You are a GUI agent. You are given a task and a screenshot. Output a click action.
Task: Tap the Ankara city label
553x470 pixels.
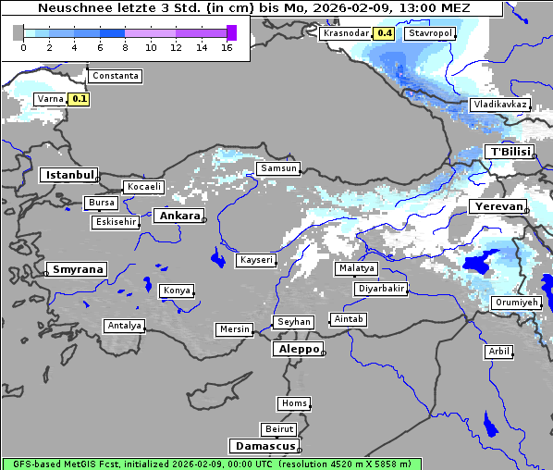click(x=178, y=216)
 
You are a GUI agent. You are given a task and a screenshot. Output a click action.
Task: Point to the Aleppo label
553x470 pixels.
click(x=296, y=350)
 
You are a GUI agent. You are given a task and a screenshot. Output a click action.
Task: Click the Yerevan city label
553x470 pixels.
click(x=497, y=206)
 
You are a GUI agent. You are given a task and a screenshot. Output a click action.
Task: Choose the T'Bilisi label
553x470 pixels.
click(x=510, y=152)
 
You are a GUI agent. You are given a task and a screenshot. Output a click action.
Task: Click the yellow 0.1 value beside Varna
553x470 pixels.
click(x=80, y=98)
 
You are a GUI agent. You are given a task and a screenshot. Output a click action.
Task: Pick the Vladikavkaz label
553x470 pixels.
click(x=499, y=105)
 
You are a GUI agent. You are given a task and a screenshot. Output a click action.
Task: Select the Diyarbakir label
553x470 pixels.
click(x=380, y=289)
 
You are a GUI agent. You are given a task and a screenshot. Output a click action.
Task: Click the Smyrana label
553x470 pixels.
click(x=77, y=269)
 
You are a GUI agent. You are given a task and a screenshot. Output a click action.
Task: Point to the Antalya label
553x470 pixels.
click(x=124, y=326)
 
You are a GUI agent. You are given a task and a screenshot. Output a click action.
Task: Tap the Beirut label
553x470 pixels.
click(x=278, y=429)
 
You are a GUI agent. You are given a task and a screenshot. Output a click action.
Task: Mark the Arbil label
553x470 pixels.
click(x=498, y=352)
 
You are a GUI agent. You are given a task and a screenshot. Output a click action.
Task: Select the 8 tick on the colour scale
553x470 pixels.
click(x=125, y=46)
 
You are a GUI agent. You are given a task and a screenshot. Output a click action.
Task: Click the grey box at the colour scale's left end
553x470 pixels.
click(x=18, y=32)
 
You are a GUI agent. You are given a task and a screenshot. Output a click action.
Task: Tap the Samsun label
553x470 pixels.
click(x=278, y=168)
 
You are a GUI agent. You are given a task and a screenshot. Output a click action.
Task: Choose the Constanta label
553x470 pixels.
click(x=116, y=76)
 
